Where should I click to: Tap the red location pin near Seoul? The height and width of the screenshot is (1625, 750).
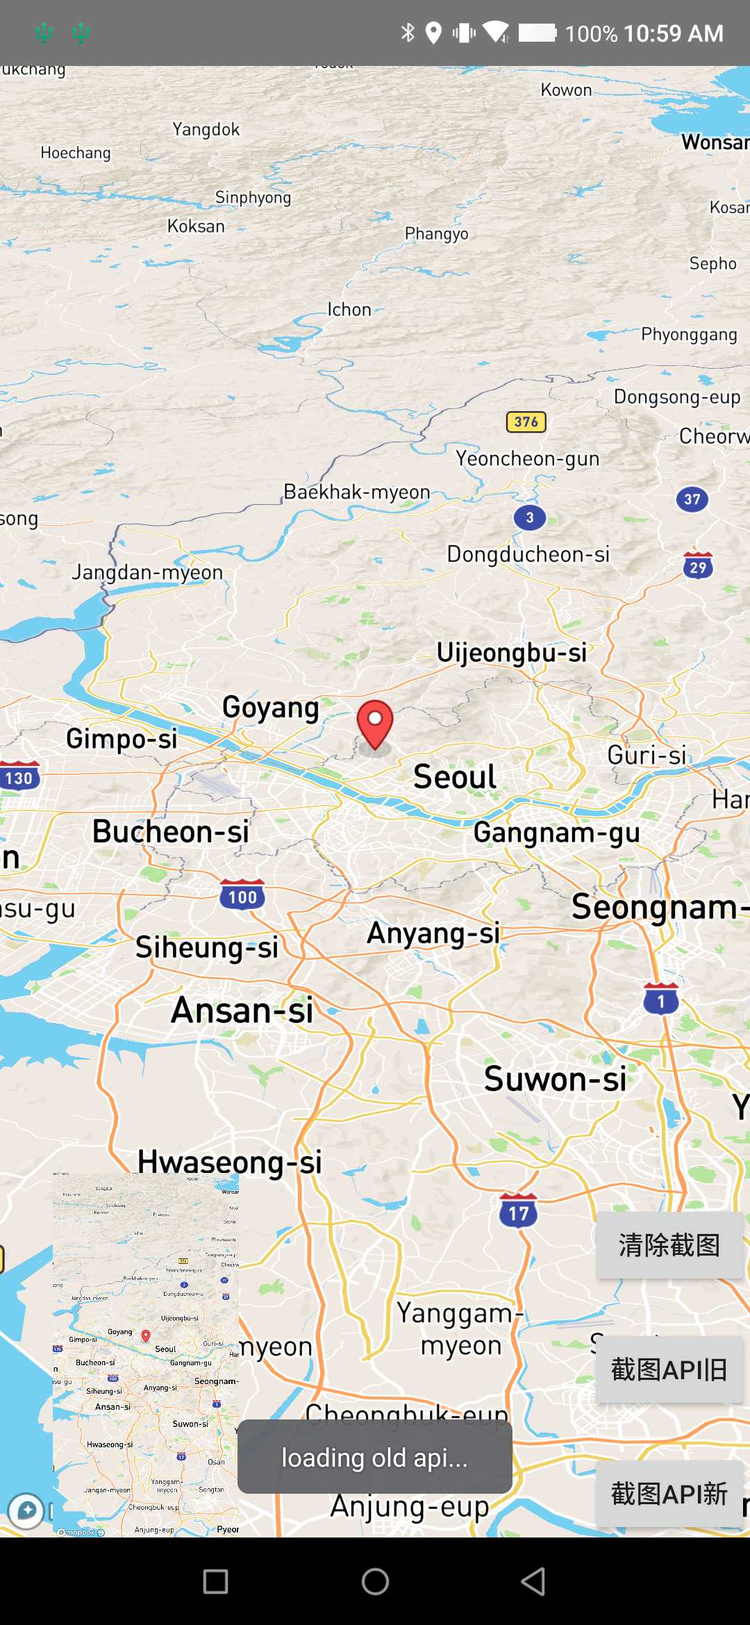(x=375, y=722)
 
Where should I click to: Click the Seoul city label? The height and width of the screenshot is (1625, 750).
(x=455, y=776)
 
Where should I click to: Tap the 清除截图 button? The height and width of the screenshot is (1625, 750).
(x=669, y=1245)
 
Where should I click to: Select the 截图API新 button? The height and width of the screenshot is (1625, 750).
(x=669, y=1494)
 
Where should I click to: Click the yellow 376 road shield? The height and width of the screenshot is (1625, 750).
(x=526, y=422)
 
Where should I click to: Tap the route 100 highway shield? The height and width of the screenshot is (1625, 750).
(x=242, y=896)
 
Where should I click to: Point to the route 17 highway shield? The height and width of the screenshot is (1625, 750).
(x=519, y=1212)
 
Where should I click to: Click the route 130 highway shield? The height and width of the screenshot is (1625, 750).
(x=19, y=777)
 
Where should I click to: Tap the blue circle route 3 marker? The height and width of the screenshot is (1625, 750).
(x=530, y=517)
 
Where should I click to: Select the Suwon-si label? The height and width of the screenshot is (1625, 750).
(x=555, y=1079)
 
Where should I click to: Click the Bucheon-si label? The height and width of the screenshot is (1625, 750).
(x=171, y=831)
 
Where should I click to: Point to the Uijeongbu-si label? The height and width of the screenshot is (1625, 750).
(x=512, y=653)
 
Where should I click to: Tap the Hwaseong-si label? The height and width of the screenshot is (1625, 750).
(x=230, y=1162)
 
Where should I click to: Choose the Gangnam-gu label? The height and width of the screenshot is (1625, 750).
(x=557, y=832)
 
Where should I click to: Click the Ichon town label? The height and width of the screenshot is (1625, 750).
(x=349, y=310)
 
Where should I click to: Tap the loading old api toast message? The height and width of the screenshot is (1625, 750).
(x=375, y=1457)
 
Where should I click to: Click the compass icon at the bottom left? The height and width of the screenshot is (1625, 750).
(x=26, y=1510)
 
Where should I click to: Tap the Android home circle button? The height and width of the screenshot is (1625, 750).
(x=375, y=1582)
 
